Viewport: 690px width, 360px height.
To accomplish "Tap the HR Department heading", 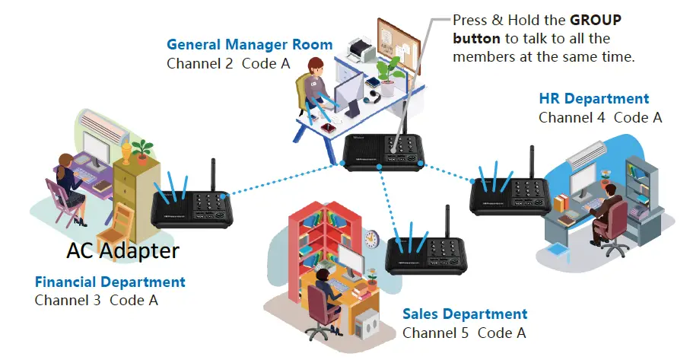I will [x=593, y=98].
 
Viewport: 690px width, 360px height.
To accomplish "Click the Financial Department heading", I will [x=110, y=282].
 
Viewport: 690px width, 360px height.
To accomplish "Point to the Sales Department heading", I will [x=464, y=314].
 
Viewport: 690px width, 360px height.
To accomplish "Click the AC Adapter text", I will [x=122, y=250].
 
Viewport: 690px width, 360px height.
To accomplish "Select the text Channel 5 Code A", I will [x=463, y=333].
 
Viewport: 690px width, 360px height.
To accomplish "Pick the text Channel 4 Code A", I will [x=599, y=118].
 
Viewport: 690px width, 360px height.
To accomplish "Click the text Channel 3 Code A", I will [x=96, y=300].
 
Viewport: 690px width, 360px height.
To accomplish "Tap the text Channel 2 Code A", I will [x=228, y=63].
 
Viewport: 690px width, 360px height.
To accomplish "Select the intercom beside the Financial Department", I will [x=192, y=208].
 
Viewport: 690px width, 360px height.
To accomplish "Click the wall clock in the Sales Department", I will [x=372, y=239].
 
